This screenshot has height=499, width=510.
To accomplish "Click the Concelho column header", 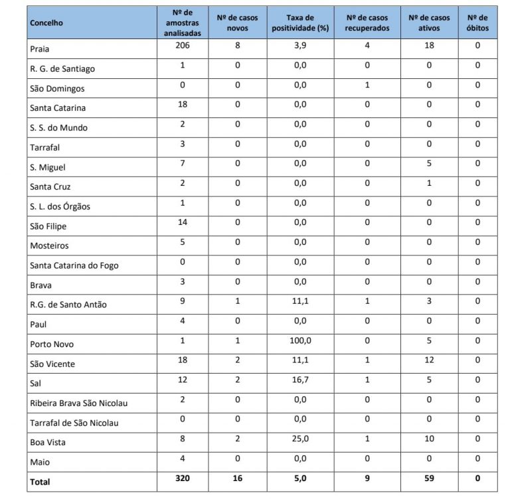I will coord(46,23).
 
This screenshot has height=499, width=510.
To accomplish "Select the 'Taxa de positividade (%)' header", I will coord(300,23).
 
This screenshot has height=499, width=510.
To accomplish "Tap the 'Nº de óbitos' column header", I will coord(477,23).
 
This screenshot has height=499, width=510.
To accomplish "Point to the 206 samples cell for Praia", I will coord(183,46).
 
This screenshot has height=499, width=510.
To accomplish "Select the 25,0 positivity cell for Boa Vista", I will coord(300,439).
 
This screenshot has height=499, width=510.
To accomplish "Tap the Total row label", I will coord(40,482).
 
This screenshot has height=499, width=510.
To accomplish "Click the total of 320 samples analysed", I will coord(183,478).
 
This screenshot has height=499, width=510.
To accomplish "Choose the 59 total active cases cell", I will coord(429,478).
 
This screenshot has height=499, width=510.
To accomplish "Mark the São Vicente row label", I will coord(52,364).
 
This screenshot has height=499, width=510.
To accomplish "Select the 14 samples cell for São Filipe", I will coord(183,222).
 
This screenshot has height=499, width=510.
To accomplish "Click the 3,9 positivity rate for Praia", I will coord(300,46).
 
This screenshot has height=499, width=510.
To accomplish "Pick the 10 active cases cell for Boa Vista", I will coord(429,439).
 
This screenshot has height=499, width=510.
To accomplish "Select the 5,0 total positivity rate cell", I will coord(300,478).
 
